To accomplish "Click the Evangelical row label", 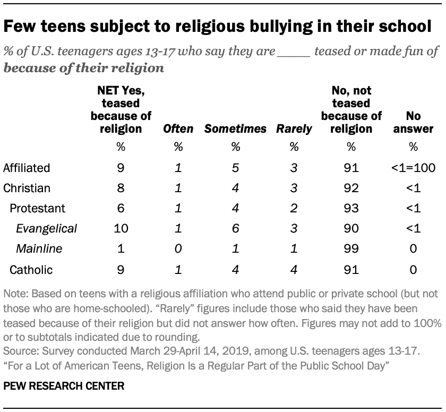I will pos(47,229).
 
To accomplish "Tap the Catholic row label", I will pos(31,269).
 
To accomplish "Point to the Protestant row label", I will pos(35,209).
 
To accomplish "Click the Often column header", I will pos(178,129).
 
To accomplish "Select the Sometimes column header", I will pos(235,129).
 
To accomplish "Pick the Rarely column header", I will pos(294,129).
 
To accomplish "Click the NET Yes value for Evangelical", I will pos(122,229).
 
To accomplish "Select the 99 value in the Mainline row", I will pos(351,249).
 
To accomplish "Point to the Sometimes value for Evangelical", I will pos(235,229).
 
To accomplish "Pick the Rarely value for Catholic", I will pos(294,269).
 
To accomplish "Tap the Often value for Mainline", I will pos(178,249).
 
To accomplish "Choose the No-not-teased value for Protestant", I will pos(351,209).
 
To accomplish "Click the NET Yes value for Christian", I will pos(122,188).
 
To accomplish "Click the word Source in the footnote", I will pos(17,351).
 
